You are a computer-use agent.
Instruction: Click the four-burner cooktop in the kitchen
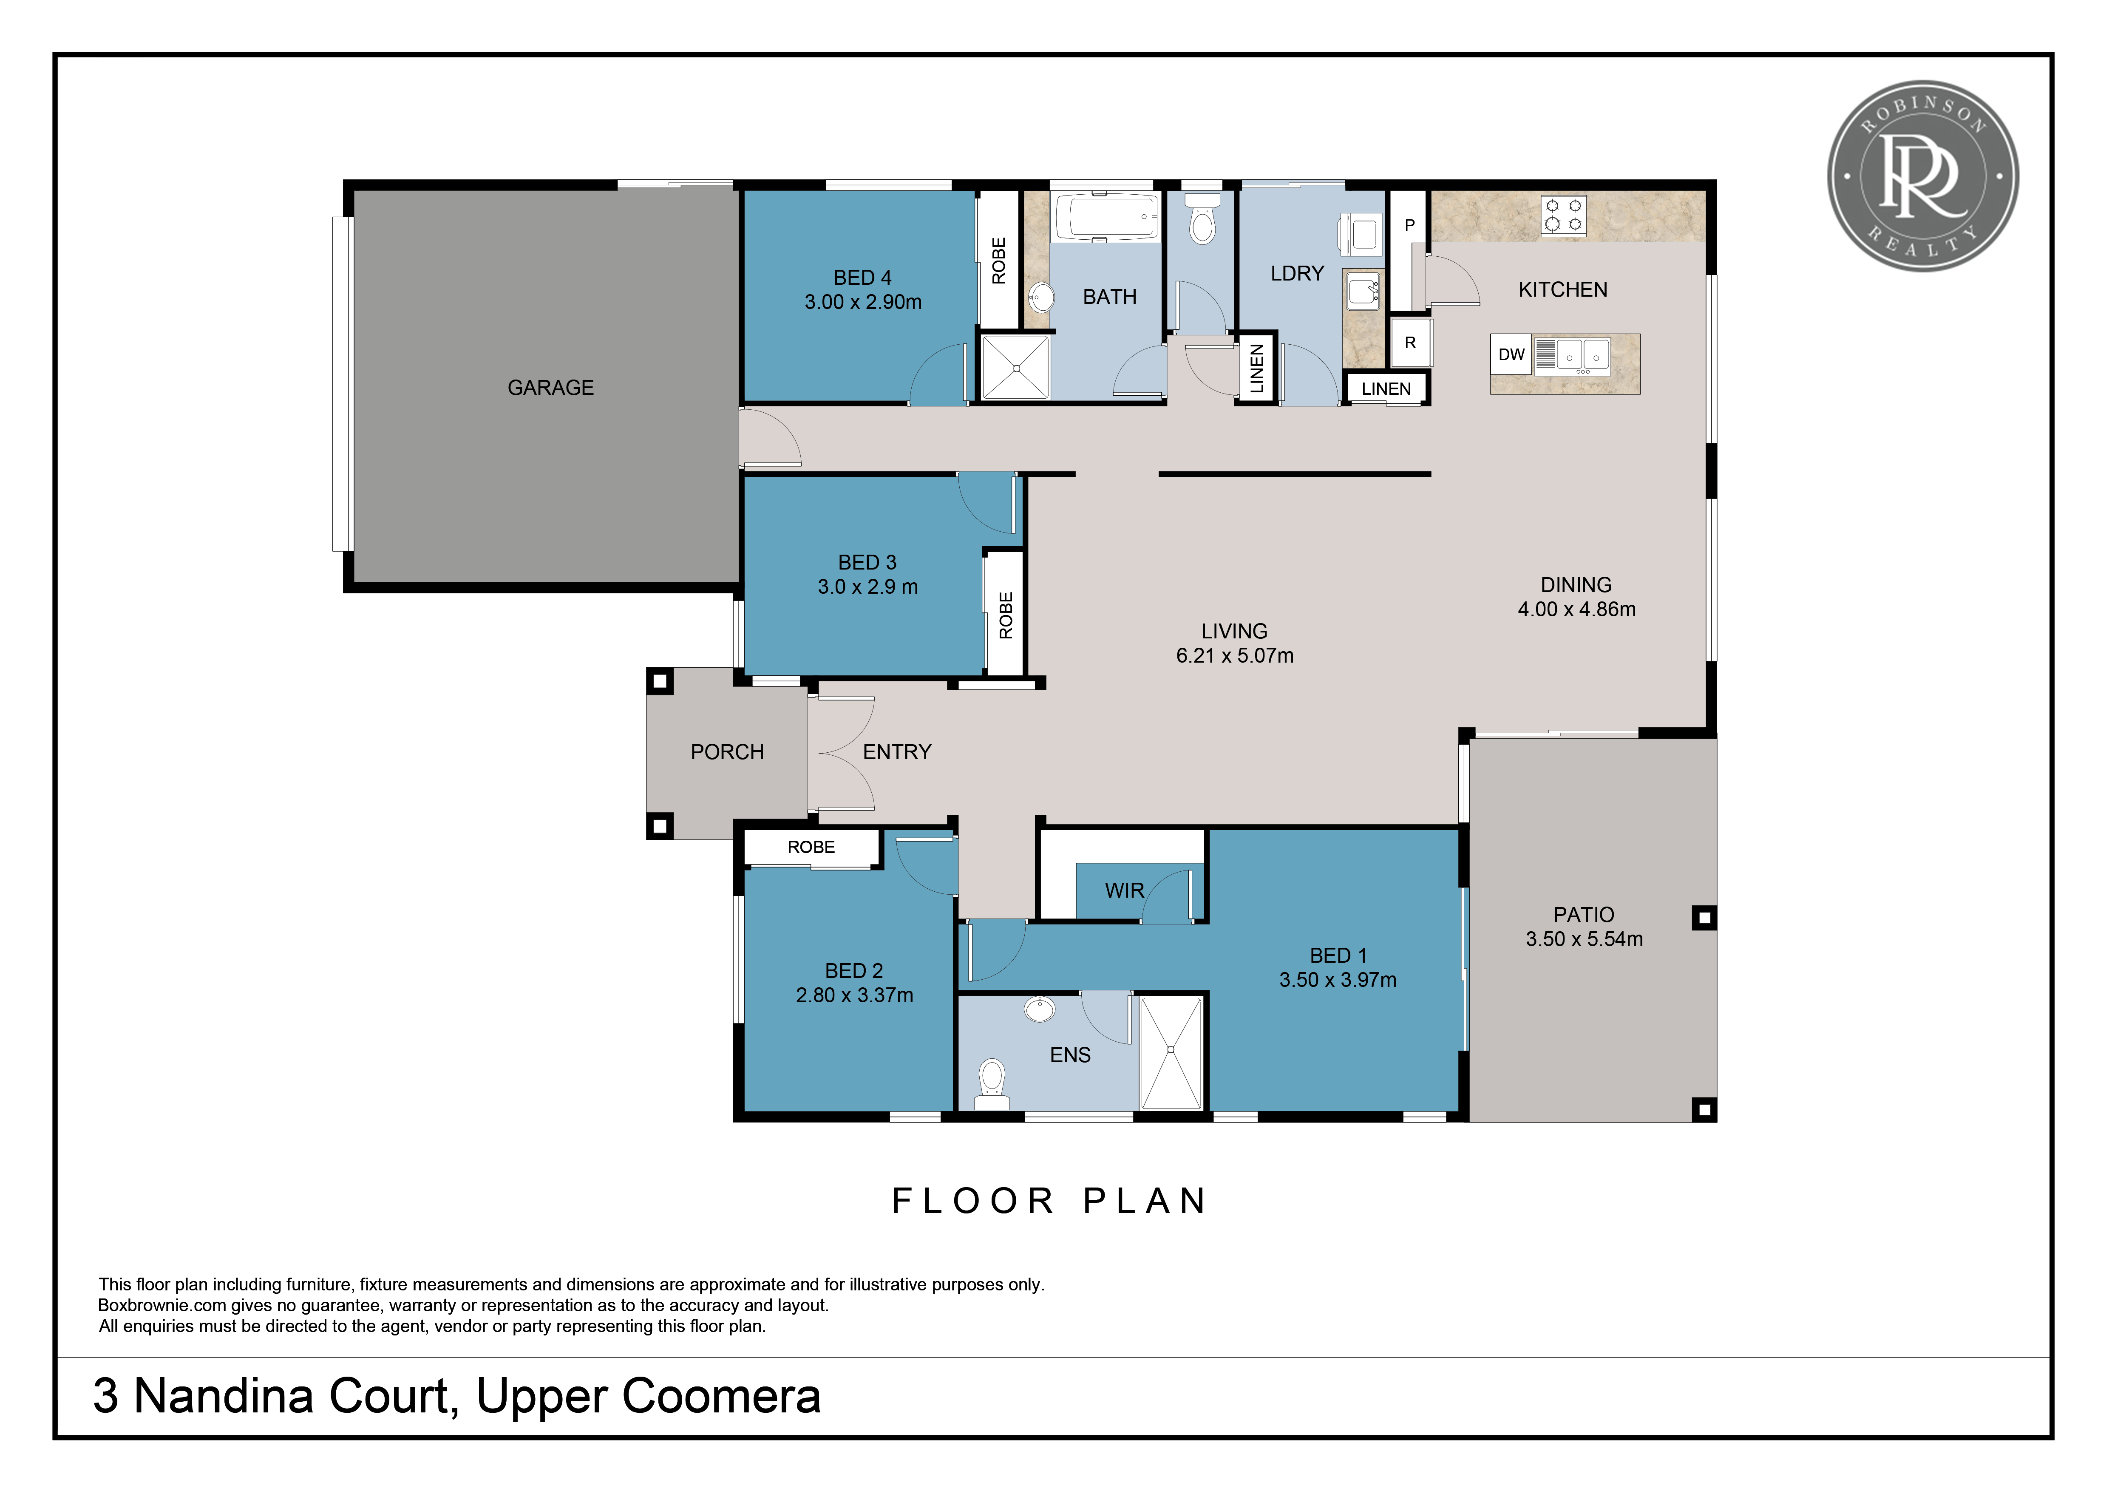click(1563, 215)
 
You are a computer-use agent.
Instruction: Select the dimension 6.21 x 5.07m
click(1235, 656)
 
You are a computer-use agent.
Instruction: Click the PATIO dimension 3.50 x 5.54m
click(1585, 939)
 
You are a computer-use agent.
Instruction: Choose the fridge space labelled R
click(1410, 343)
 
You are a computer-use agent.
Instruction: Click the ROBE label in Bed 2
click(811, 847)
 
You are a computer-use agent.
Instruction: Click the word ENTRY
click(896, 752)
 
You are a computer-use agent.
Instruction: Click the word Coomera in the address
click(721, 1396)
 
